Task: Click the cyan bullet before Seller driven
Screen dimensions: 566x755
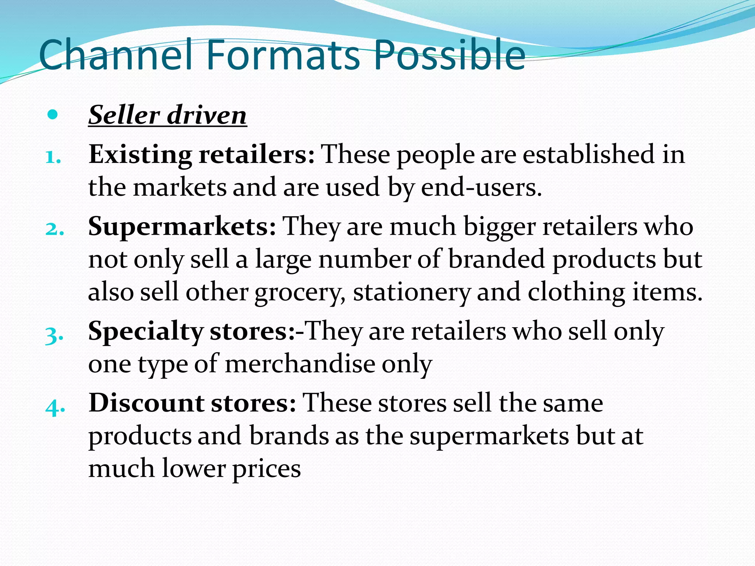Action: tap(53, 115)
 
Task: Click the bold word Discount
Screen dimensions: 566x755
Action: tap(146, 403)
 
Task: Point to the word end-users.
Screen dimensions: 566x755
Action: tap(481, 187)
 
